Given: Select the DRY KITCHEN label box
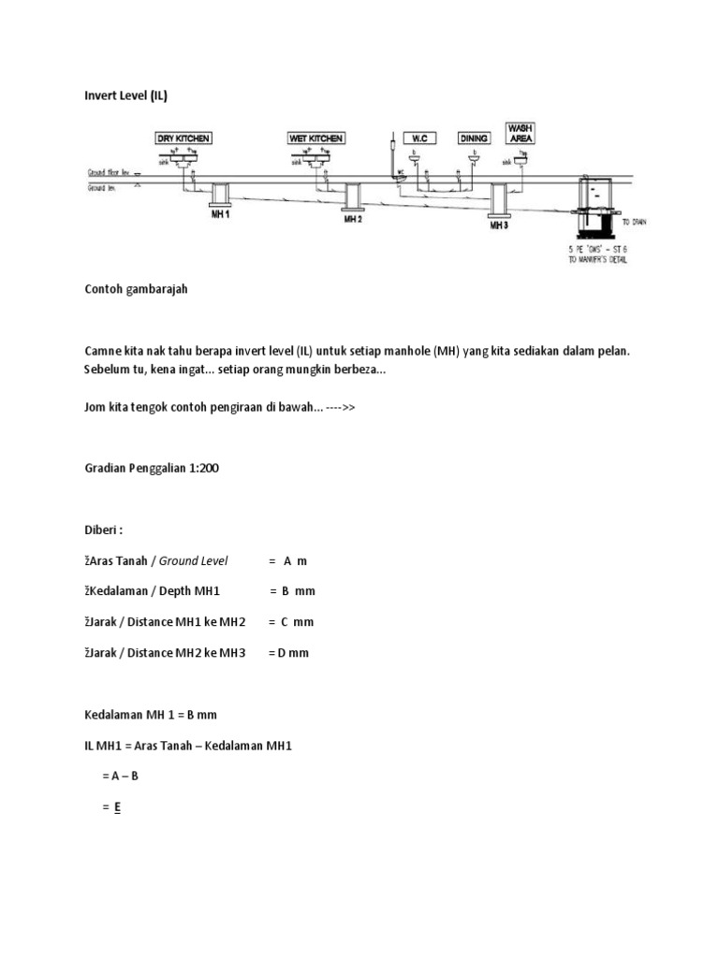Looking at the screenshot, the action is (x=183, y=138).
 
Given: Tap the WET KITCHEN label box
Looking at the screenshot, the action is (x=316, y=138).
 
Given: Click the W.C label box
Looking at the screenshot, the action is (x=419, y=138).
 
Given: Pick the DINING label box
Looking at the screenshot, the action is (x=474, y=138).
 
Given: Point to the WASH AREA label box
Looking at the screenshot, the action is (x=520, y=132).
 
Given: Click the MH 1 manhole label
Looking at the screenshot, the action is (x=221, y=214).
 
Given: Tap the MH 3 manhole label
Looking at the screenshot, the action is (x=500, y=225).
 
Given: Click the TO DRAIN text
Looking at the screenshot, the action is (x=634, y=222).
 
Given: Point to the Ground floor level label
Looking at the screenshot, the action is (x=110, y=173).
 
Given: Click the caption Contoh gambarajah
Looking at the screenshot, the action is (x=136, y=289).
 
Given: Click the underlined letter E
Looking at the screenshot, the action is (x=118, y=807).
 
